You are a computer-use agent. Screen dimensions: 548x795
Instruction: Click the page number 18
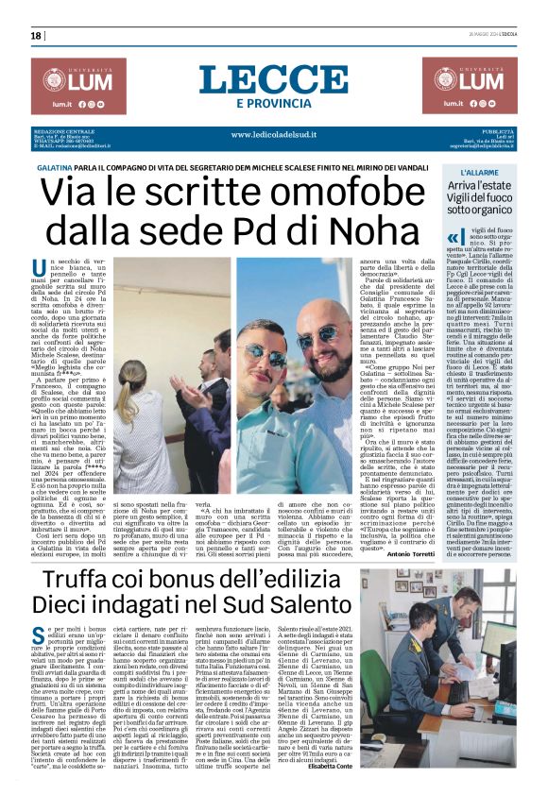[36, 36]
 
